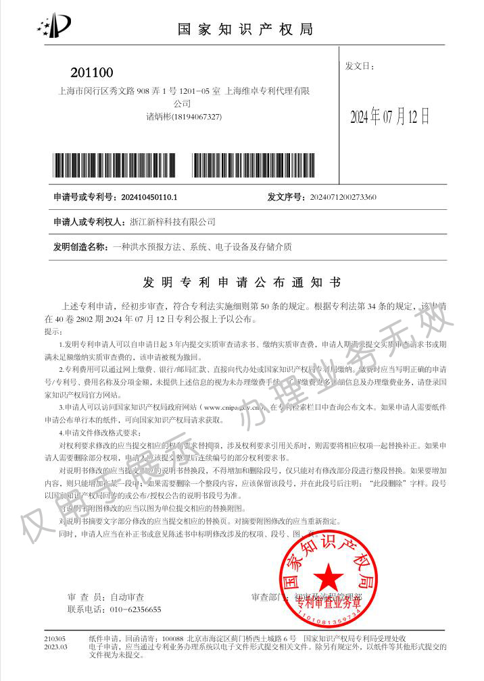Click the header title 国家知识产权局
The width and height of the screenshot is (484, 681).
[x=245, y=29]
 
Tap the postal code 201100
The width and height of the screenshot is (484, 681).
[x=92, y=73]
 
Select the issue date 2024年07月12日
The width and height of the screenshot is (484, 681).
[x=389, y=117]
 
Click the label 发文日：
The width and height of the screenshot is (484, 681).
[x=360, y=66]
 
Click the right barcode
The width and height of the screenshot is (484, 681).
[x=253, y=165]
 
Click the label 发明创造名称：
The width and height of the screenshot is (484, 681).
[x=80, y=247]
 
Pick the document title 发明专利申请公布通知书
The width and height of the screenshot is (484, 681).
[x=242, y=281]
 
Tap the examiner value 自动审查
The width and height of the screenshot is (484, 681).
[x=126, y=597]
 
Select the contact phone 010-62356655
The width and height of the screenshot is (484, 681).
[x=135, y=609]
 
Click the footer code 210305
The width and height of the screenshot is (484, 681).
[x=55, y=638]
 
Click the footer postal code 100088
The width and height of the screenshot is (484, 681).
[x=173, y=638]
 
